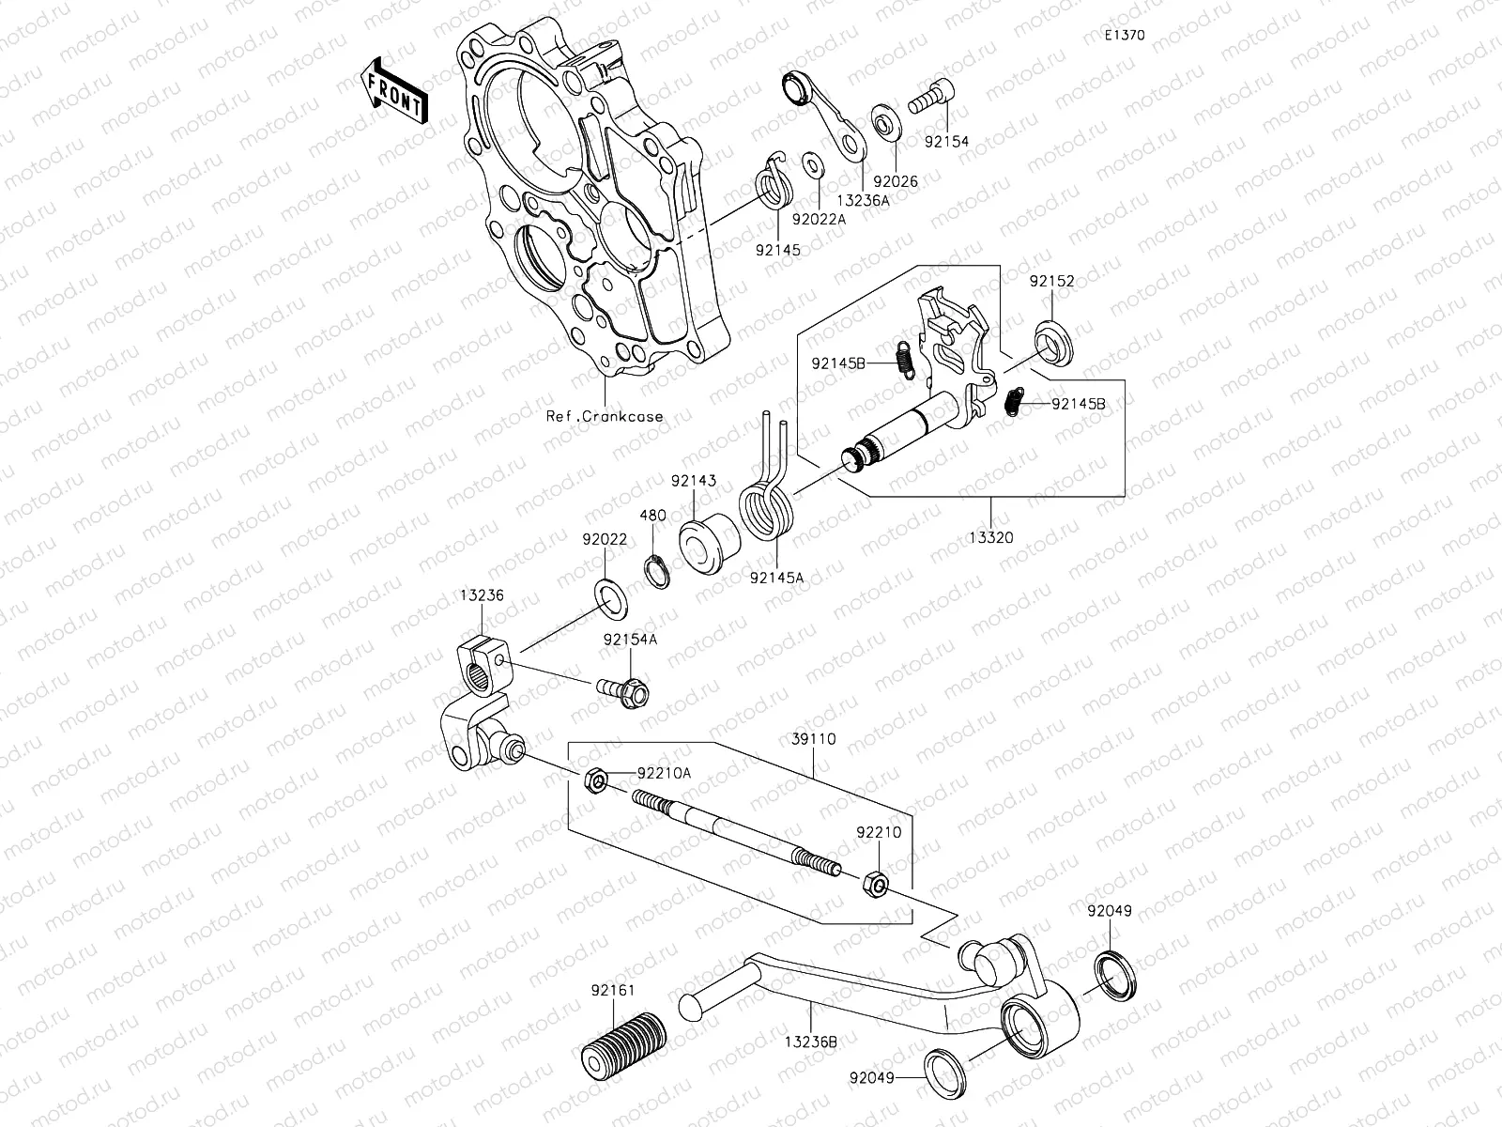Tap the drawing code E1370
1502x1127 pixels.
point(1124,36)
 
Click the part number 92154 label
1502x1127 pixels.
point(946,142)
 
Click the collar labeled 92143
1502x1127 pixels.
point(704,543)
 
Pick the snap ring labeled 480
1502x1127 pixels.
point(657,572)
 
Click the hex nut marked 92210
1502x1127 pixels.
point(872,883)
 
